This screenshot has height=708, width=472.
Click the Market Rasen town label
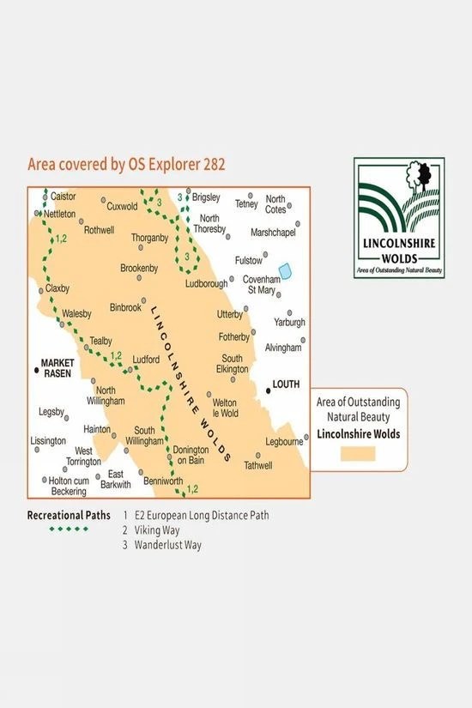[59, 367]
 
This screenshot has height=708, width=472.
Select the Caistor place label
[64, 197]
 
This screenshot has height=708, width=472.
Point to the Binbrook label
[125, 306]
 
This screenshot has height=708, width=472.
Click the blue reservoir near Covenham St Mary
[285, 270]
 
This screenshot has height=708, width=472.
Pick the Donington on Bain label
[190, 455]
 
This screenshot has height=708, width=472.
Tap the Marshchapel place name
[274, 233]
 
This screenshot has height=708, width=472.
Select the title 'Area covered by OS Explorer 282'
[126, 164]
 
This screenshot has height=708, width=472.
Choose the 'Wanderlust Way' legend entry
[167, 544]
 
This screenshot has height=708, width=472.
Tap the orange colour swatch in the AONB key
[358, 452]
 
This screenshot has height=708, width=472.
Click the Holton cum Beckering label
[64, 487]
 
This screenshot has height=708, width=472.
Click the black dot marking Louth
[268, 391]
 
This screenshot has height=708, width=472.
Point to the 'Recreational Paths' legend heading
[69, 515]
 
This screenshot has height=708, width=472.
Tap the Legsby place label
[51, 412]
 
